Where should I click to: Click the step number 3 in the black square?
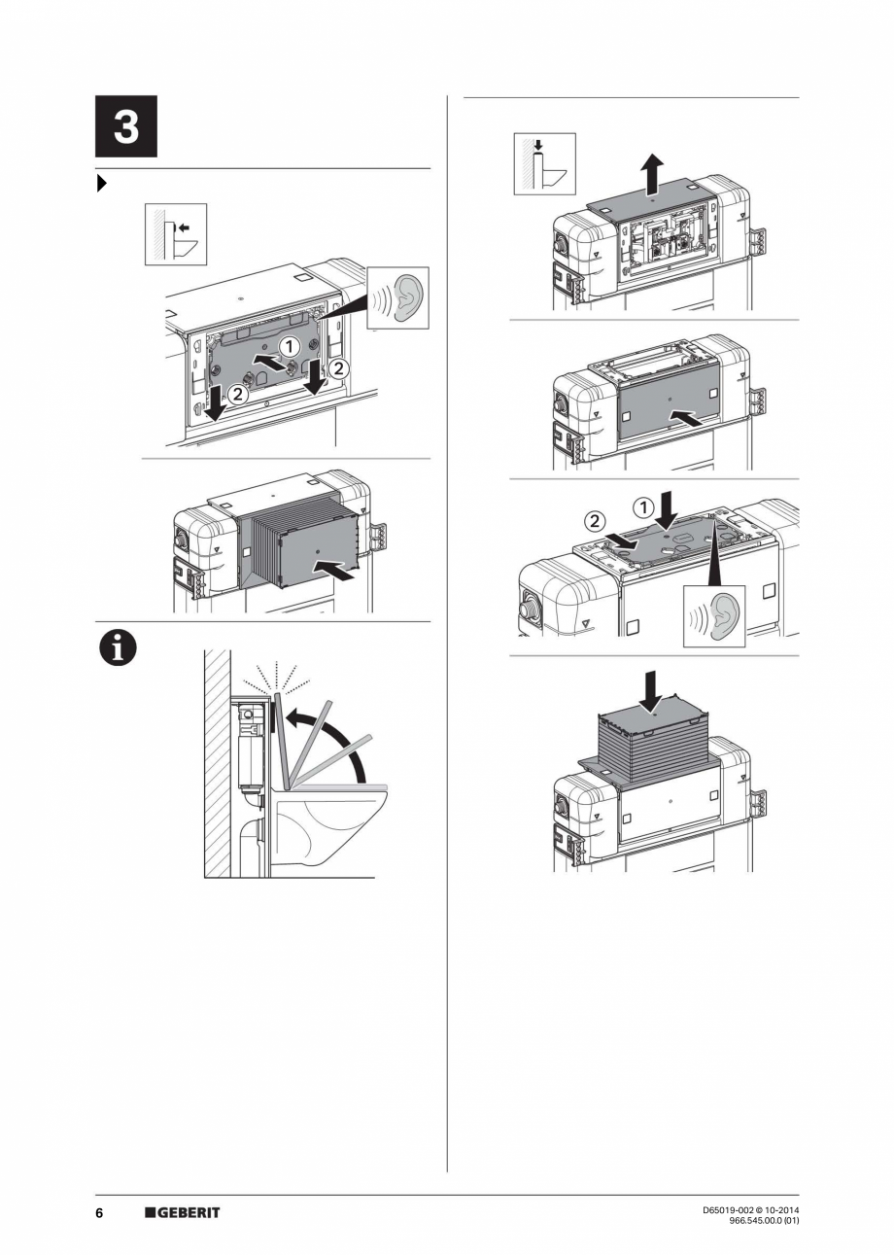point(125,127)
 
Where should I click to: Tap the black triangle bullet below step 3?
point(101,184)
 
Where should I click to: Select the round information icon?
point(115,649)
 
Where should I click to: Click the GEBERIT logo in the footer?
point(183,1212)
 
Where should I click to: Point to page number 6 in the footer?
point(99,1212)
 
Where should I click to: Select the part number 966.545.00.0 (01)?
point(764,1221)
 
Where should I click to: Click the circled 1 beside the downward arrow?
point(642,506)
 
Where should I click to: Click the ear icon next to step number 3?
point(398,297)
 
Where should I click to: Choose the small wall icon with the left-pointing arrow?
point(176,234)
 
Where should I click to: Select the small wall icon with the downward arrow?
point(545,164)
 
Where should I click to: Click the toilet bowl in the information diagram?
point(330,821)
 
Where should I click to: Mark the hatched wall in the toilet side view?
point(217,763)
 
